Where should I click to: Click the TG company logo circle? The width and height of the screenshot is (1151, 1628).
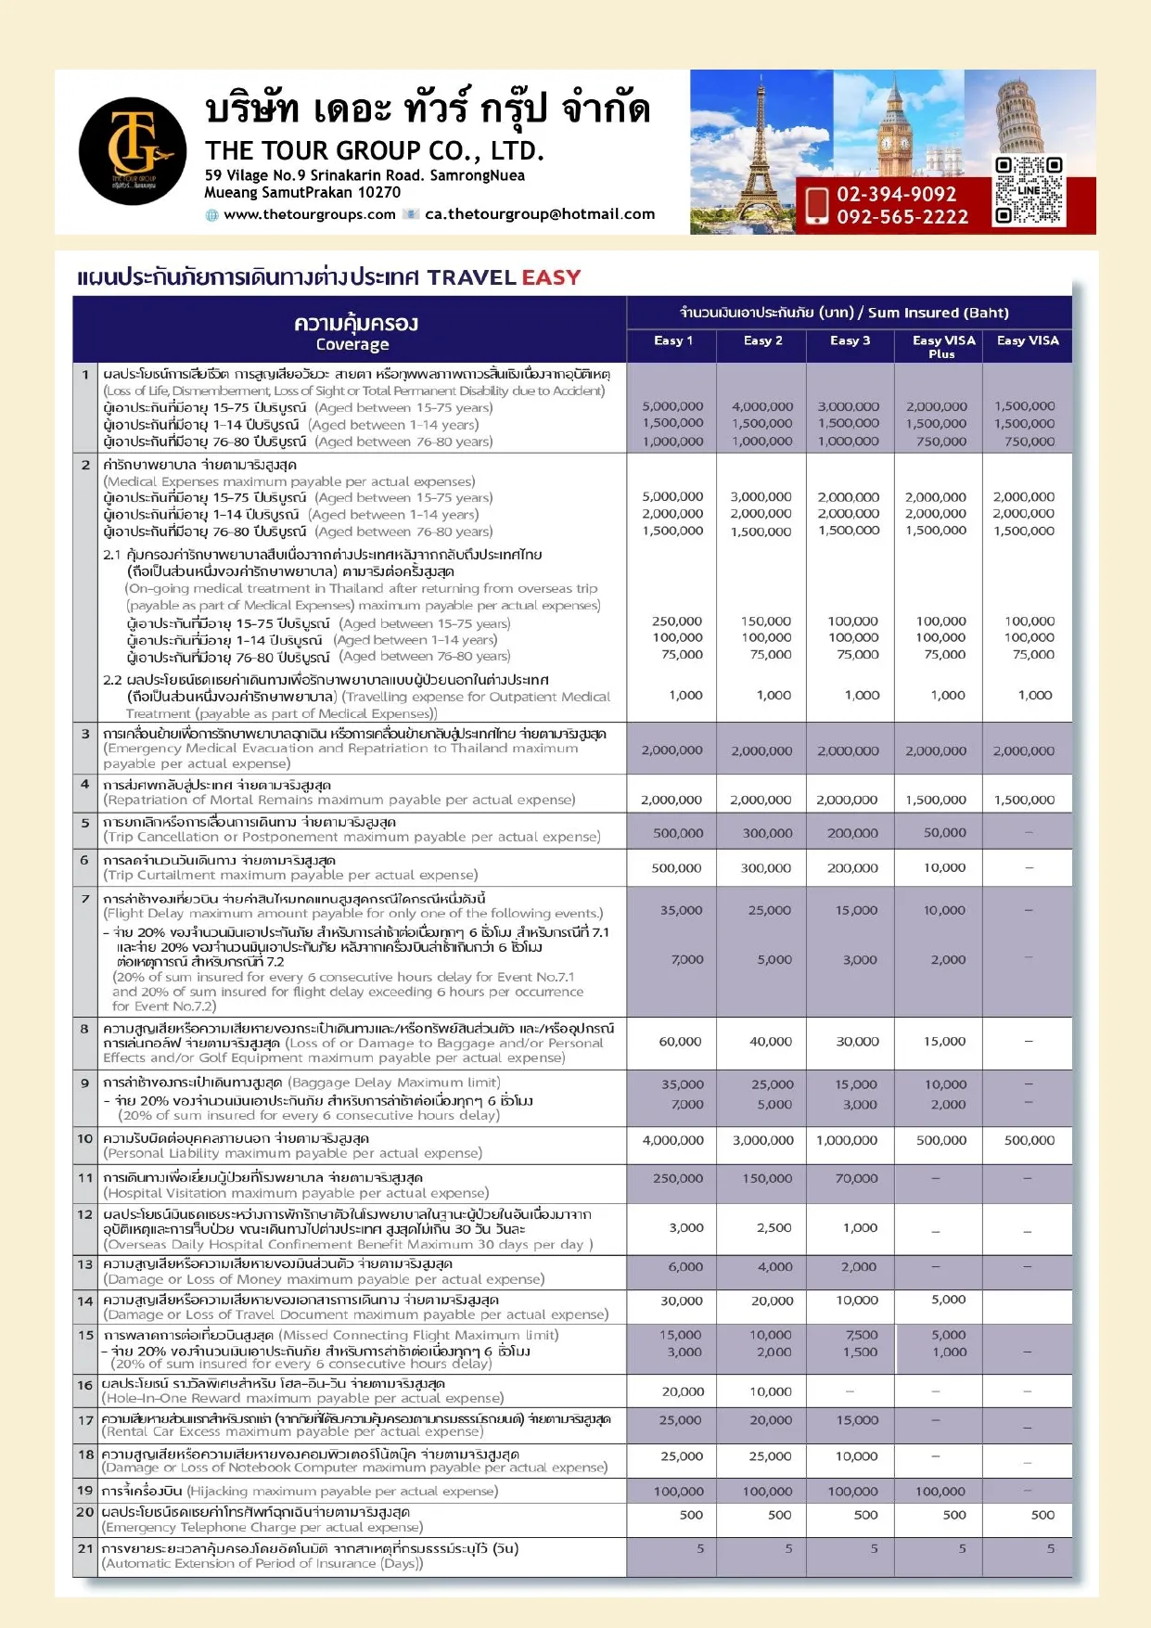[x=133, y=151]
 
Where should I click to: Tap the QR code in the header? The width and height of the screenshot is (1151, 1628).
[x=1028, y=190]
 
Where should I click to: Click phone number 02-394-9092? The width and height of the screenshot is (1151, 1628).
[x=896, y=194]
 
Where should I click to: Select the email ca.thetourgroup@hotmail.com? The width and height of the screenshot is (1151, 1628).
[x=540, y=214]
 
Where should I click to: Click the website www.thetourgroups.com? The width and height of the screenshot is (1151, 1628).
[x=310, y=214]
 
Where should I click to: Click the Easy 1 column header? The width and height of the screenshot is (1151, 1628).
[x=672, y=340]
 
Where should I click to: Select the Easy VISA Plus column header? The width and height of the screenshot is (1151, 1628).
[x=943, y=346]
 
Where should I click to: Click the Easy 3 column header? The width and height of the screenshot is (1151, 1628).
[x=850, y=340]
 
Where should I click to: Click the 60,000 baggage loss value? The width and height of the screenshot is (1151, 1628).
[x=680, y=1042]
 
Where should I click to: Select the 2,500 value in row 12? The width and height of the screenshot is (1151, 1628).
[x=774, y=1227]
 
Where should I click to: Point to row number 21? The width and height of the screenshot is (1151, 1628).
[x=85, y=1548]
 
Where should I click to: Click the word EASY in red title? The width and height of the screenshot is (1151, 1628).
[x=551, y=277]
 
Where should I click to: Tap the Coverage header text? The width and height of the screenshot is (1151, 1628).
[x=352, y=344]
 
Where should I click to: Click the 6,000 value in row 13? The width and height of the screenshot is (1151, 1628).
[x=685, y=1266]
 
